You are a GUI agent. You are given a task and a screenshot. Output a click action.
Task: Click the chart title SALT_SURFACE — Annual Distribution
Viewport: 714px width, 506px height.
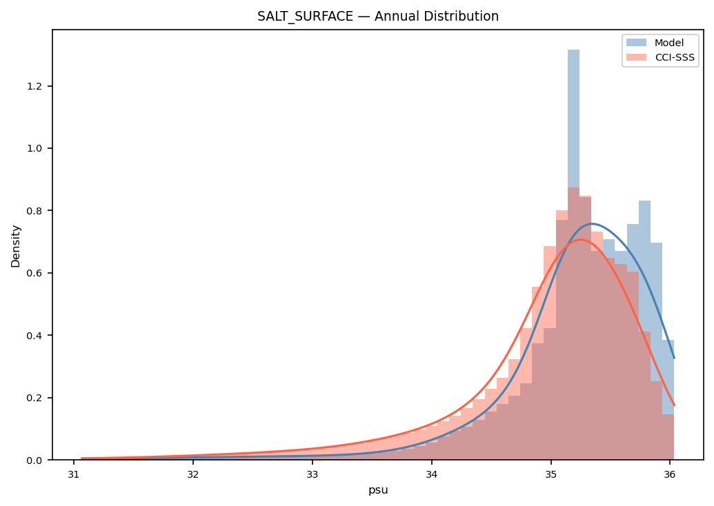pyautogui.click(x=378, y=17)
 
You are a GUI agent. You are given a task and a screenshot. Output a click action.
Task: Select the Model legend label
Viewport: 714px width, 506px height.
pyautogui.click(x=669, y=43)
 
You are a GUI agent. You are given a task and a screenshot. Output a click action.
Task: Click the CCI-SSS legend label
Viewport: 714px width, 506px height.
pyautogui.click(x=675, y=57)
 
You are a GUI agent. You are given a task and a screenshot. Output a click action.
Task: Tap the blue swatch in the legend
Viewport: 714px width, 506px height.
pyautogui.click(x=636, y=43)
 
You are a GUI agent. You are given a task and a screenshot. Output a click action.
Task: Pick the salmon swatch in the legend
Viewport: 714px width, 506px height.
pyautogui.click(x=636, y=57)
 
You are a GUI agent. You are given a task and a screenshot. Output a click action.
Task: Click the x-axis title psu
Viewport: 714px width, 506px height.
pyautogui.click(x=378, y=491)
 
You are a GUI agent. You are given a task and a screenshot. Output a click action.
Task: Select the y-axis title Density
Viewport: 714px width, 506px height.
pyautogui.click(x=16, y=246)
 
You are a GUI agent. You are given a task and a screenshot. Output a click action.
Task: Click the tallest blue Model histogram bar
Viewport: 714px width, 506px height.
pyautogui.click(x=574, y=255)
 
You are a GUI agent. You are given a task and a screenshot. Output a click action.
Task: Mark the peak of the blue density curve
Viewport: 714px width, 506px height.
pyautogui.click(x=591, y=223)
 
